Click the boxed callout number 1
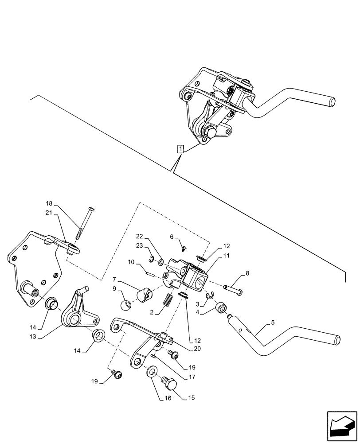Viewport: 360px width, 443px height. [x=180, y=148]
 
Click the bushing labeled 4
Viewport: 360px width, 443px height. [x=220, y=307]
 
